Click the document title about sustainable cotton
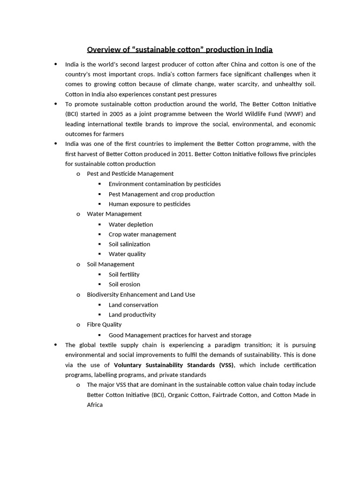pos(180,49)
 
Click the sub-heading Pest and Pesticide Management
pos(130,173)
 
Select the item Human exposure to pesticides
pos(149,204)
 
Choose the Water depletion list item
pos(130,225)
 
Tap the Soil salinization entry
pos(129,244)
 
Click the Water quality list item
pos(127,254)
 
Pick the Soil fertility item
pos(124,274)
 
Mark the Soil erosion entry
pos(124,284)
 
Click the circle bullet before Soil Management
pos(78,265)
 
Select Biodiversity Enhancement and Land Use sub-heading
pos(141,294)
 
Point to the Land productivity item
pos(132,315)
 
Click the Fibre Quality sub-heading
pos(104,324)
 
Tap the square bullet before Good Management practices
pos(100,335)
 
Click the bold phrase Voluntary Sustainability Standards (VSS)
pos(174,365)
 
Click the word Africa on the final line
pos(95,405)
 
